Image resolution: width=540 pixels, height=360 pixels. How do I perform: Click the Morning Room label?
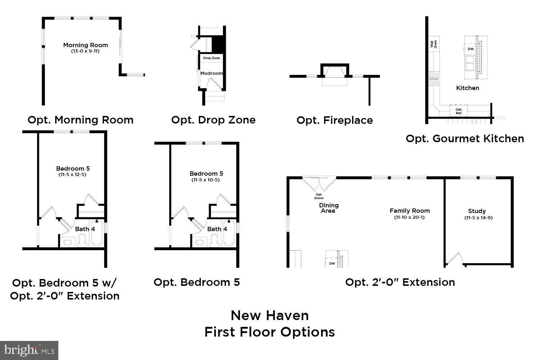85,45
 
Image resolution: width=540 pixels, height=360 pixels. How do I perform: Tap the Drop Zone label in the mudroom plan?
211,58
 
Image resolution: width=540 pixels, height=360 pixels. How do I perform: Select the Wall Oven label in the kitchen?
433,44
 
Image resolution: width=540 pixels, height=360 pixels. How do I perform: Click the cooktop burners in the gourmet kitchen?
434,78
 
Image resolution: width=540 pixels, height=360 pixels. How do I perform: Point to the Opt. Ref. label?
459,111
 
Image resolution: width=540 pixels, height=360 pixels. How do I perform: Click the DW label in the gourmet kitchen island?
471,49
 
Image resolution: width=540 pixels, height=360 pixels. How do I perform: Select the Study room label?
477,211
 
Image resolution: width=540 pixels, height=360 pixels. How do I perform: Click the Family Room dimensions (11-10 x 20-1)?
409,217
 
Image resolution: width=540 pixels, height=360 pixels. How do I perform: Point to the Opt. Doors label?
319,196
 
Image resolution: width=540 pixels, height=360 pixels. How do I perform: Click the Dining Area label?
328,208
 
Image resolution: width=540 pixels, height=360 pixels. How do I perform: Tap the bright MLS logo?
29,350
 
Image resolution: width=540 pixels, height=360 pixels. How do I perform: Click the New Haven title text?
270,315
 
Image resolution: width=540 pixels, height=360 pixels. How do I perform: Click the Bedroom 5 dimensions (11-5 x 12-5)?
73,175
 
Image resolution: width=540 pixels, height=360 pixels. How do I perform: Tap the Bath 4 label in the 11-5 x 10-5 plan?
217,229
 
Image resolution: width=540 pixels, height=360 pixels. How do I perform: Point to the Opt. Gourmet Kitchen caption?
465,139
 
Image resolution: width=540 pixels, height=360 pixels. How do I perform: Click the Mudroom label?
211,73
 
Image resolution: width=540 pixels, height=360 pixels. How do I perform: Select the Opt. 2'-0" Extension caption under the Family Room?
400,282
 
